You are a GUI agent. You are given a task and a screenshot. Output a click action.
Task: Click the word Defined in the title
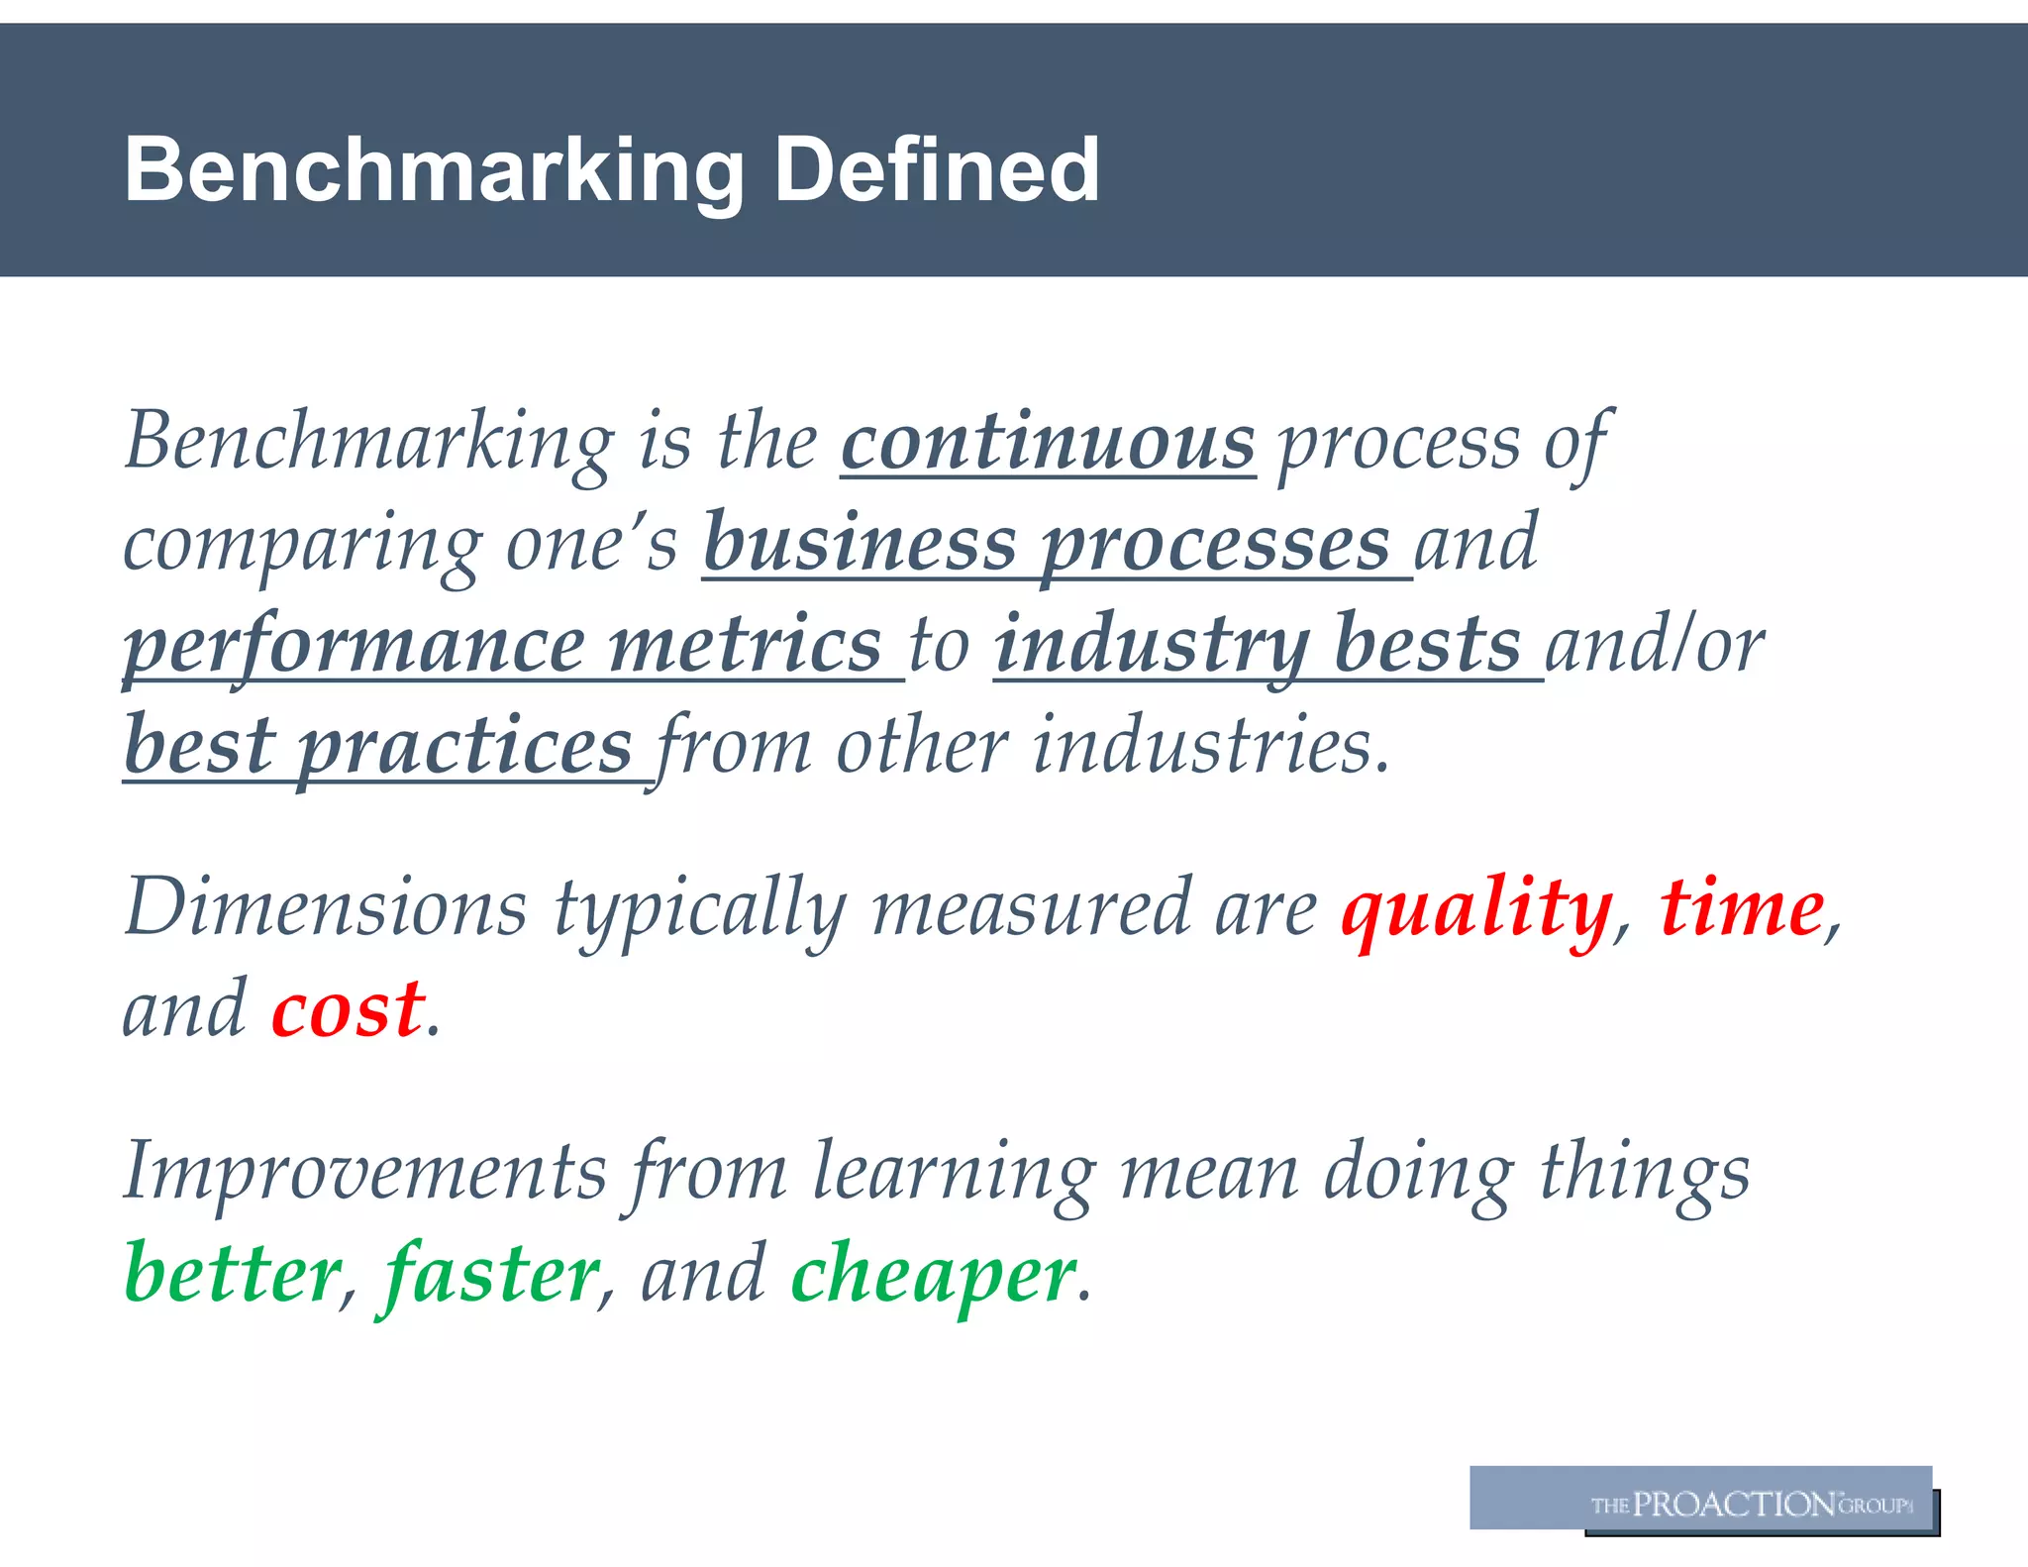[x=936, y=170]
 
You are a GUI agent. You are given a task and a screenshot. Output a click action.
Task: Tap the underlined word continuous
[x=1049, y=443]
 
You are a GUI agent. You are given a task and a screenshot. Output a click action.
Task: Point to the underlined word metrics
[x=745, y=645]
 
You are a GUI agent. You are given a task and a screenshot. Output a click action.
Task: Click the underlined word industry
[x=1153, y=645]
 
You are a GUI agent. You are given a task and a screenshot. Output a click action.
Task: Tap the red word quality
[x=1476, y=908]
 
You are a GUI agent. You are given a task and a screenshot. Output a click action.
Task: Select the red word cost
[x=349, y=1009]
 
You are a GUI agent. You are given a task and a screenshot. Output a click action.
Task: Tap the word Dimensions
[x=326, y=908]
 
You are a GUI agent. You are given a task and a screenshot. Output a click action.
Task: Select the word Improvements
[x=364, y=1173]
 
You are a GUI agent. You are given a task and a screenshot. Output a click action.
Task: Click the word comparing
[x=302, y=546]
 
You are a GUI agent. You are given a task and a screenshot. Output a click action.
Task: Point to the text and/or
[x=1655, y=645]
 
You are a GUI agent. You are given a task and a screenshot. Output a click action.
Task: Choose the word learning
[x=954, y=1173]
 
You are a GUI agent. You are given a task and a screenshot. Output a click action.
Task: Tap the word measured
[x=1031, y=908]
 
